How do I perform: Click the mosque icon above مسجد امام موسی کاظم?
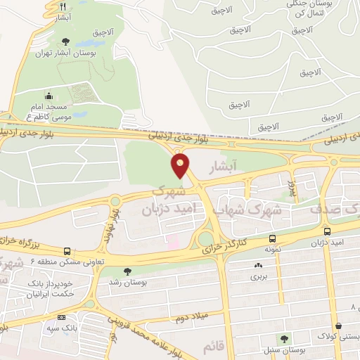pos(49,96)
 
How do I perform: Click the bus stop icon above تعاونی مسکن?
pos(67,251)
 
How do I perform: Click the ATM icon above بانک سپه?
pos(61,317)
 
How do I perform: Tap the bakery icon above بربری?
pos(257,266)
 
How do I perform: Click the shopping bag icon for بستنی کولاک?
pos(340,326)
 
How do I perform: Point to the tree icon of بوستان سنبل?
pos(285,339)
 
